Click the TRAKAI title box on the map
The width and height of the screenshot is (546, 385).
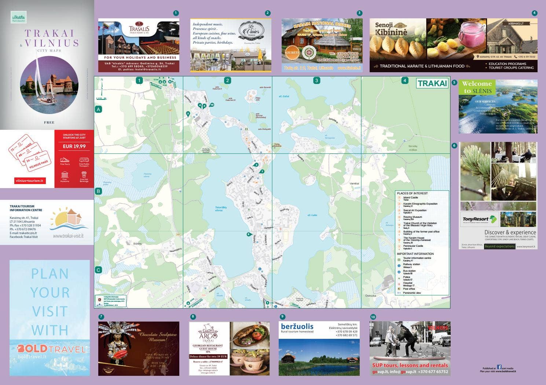click(432, 83)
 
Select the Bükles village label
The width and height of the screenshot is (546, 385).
click(138, 243)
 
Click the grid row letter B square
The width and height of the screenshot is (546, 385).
click(98, 191)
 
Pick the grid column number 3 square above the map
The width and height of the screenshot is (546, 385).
click(316, 81)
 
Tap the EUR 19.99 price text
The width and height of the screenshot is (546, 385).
click(74, 146)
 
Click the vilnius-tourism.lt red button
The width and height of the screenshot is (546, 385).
click(30, 180)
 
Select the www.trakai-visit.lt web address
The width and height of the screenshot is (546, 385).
click(68, 236)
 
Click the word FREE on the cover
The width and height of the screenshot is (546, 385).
click(49, 122)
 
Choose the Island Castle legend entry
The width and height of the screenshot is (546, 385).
click(410, 198)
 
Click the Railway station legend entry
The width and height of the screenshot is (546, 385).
click(411, 264)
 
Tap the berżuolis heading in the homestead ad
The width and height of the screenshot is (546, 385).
click(297, 326)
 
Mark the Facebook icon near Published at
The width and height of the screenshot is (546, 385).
click(499, 367)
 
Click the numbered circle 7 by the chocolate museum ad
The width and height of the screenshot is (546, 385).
click(101, 317)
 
